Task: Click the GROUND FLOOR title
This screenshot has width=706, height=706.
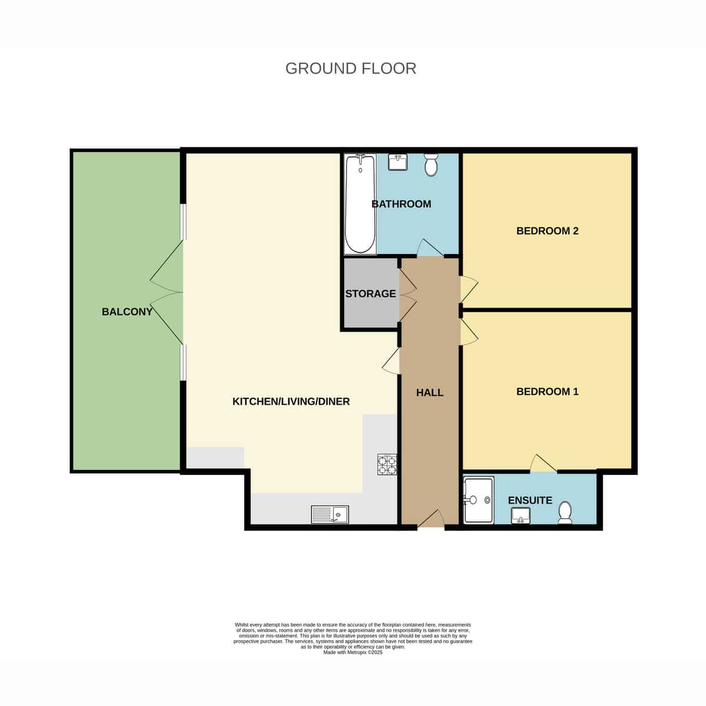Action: coord(351,68)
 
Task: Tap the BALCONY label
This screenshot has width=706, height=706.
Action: coord(126,312)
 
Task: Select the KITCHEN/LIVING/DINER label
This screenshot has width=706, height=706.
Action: coord(291,402)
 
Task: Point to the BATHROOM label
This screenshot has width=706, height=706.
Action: coord(401,204)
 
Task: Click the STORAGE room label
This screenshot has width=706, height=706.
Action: coord(371,294)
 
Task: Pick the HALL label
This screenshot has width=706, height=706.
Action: coord(429,393)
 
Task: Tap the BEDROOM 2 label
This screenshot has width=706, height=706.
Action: coord(547,231)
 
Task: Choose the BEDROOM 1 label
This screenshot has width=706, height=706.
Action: coord(547,392)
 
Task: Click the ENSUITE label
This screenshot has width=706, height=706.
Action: coord(530,501)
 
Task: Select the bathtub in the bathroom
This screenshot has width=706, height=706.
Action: coord(360,204)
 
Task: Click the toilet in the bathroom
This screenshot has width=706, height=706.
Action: coord(431,164)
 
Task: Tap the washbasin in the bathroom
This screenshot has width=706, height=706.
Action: coord(397,162)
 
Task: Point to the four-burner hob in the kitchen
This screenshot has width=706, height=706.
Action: coord(387,465)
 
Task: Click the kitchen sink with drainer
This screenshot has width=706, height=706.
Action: coord(329,514)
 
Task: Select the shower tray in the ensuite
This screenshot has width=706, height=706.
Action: coord(478,499)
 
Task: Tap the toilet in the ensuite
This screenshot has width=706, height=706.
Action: coord(565,512)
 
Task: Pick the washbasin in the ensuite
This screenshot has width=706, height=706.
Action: coord(521,516)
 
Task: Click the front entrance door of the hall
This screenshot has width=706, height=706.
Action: coord(431,519)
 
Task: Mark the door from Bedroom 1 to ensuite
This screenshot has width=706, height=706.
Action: coord(544,464)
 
